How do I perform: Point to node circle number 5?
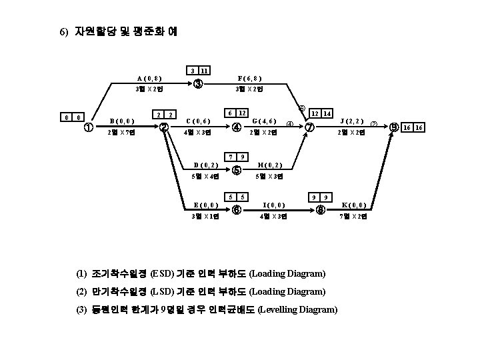tap(236, 171)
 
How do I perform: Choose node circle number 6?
tap(236, 209)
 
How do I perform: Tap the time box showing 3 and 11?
tap(198, 71)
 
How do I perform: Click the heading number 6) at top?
tap(64, 31)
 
